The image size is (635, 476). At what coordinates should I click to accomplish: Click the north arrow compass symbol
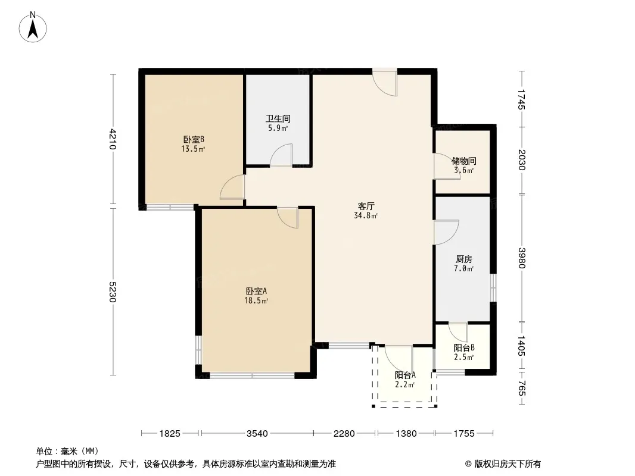click(33, 27)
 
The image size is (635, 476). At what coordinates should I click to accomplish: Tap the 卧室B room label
click(194, 139)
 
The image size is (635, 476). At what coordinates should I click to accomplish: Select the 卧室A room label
click(256, 291)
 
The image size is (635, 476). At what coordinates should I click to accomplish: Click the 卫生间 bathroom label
click(278, 119)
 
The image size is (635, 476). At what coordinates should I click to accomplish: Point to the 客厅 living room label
click(366, 206)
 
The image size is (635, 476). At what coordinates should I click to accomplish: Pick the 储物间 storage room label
click(463, 161)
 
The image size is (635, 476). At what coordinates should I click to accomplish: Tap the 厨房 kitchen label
click(463, 259)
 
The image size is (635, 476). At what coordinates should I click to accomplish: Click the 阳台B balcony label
click(464, 348)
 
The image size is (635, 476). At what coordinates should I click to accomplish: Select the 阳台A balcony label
click(405, 375)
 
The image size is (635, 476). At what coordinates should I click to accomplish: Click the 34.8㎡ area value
click(366, 216)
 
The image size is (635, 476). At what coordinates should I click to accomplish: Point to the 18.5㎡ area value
click(256, 301)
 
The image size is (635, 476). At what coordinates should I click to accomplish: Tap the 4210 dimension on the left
click(113, 139)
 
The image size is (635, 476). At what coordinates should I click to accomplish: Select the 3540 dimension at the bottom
click(257, 434)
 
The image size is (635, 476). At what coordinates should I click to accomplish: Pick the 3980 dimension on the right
click(522, 258)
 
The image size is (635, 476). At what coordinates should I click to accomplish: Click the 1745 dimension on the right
click(522, 99)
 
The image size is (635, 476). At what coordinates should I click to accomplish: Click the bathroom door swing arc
click(281, 155)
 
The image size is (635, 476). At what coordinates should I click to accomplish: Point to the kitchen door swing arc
click(446, 232)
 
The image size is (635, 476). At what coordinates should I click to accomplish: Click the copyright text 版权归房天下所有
click(508, 464)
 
